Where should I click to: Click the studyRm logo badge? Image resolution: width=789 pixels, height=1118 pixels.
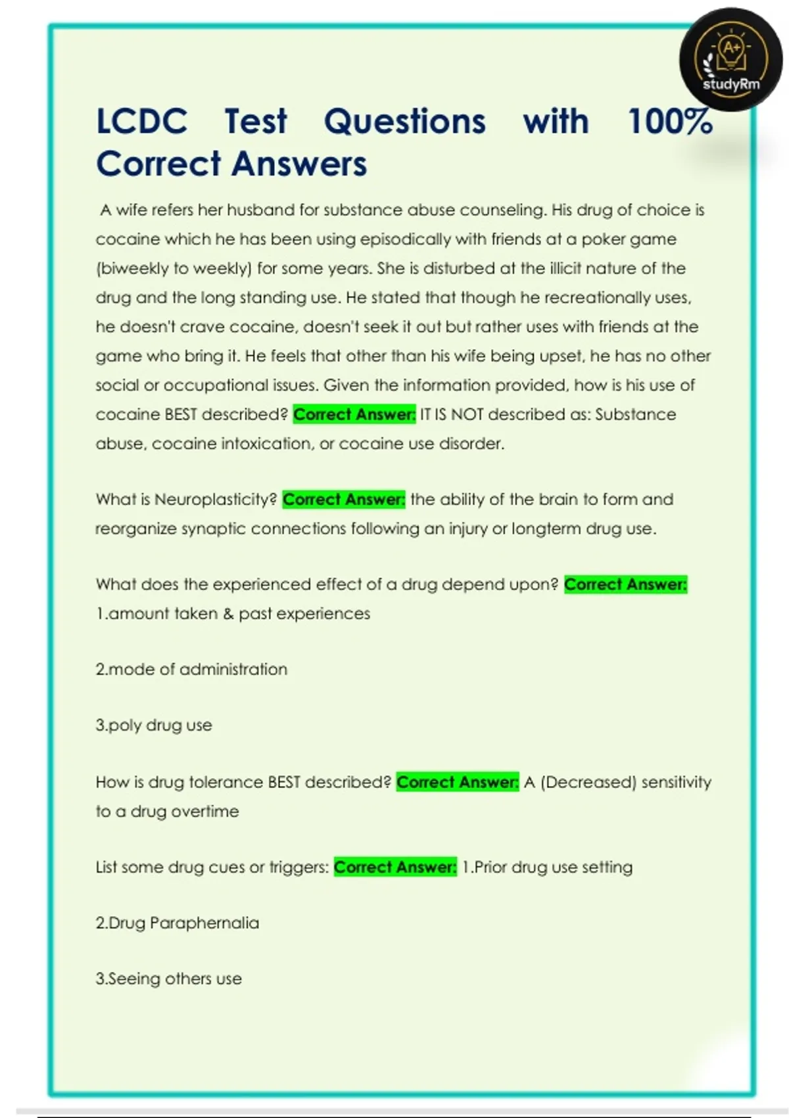(731, 60)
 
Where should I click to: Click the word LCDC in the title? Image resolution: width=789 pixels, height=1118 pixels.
(142, 122)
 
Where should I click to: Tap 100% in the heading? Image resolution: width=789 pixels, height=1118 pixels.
(670, 122)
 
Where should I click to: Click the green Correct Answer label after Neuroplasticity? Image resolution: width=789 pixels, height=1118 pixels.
(344, 499)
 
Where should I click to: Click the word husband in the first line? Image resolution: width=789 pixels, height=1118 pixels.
(260, 210)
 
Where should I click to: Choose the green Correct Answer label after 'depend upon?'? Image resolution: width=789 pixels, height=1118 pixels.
(625, 584)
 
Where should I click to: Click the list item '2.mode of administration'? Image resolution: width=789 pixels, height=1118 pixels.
(191, 669)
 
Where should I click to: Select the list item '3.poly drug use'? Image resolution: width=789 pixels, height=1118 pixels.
(154, 725)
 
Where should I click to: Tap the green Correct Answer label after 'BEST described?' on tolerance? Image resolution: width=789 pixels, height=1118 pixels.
(458, 782)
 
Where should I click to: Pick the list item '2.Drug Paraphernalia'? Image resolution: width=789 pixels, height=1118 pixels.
(178, 923)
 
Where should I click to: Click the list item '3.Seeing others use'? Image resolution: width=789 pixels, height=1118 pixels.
(169, 979)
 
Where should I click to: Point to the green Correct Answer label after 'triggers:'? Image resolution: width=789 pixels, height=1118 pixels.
(395, 867)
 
